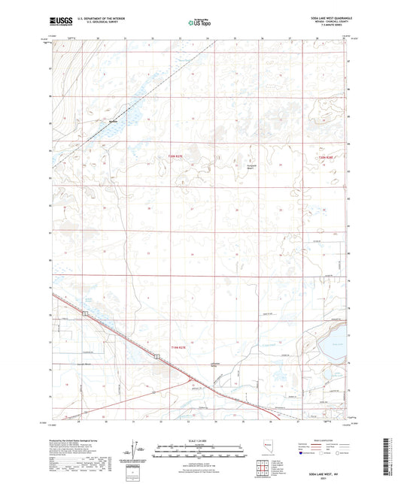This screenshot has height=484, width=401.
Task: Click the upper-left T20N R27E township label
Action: (173, 157)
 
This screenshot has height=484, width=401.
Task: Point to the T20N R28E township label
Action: (327, 157)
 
